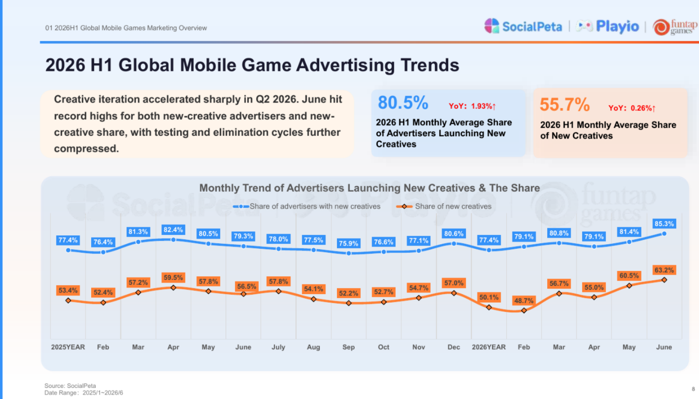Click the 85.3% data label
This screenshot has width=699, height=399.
tap(664, 224)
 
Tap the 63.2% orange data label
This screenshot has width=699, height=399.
tap(664, 270)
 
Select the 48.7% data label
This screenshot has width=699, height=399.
tap(524, 301)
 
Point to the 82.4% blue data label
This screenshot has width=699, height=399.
tap(173, 230)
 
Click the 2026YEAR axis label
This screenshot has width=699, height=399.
tap(489, 347)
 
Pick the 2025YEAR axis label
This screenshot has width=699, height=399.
tap(68, 347)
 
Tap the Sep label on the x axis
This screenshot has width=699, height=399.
tap(349, 347)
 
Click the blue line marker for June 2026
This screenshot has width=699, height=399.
tap(664, 234)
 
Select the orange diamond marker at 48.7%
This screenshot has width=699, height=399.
tap(524, 310)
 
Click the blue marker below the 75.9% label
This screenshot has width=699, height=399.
tap(349, 254)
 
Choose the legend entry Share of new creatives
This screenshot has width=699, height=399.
tap(444, 206)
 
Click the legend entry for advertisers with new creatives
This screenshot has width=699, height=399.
tap(307, 206)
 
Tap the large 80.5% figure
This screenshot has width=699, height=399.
tap(403, 102)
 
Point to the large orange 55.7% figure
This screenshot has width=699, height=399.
tap(565, 104)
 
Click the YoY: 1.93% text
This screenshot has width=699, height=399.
tap(472, 106)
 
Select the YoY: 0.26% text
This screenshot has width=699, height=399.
tap(632, 108)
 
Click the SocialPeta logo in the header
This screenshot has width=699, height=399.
tap(523, 26)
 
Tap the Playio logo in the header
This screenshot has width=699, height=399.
tap(607, 27)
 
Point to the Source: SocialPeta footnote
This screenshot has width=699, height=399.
tap(70, 385)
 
